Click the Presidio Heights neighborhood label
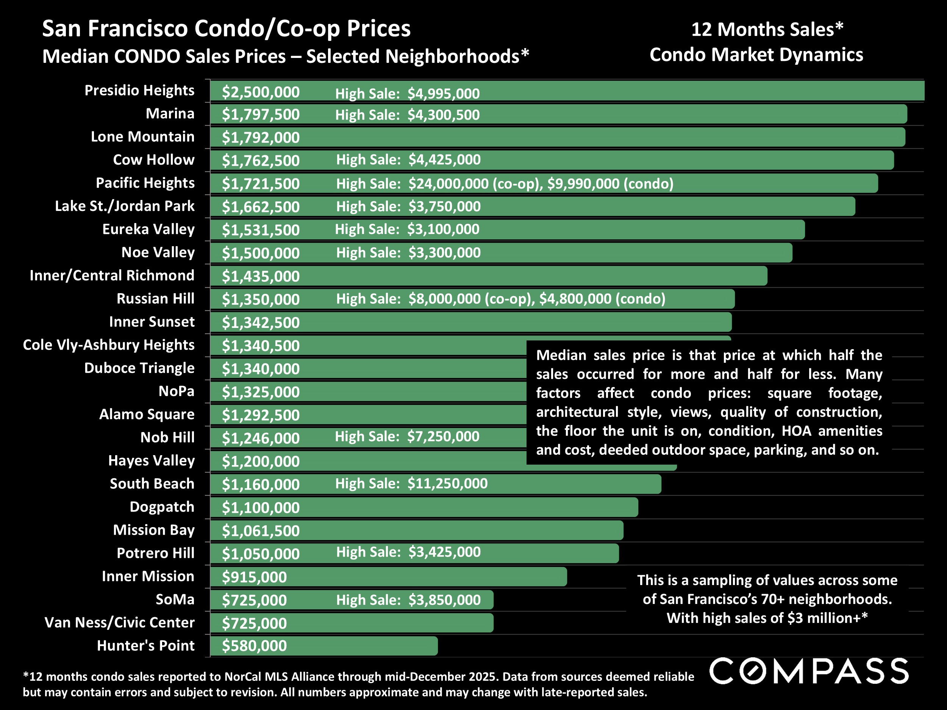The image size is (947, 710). pyautogui.click(x=139, y=90)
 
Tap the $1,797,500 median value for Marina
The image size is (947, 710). pyautogui.click(x=260, y=115)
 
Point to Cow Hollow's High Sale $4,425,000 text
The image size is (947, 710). pyautogui.click(x=408, y=160)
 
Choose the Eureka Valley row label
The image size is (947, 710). pyautogui.click(x=148, y=229)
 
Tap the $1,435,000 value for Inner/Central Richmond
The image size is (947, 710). pyautogui.click(x=260, y=276)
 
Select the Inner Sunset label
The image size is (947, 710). pyautogui.click(x=152, y=321)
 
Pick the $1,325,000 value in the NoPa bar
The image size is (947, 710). pyautogui.click(x=260, y=392)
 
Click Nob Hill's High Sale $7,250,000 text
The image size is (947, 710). pyautogui.click(x=407, y=437)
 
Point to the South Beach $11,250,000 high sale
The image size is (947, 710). pyautogui.click(x=447, y=484)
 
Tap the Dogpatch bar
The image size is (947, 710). pyautogui.click(x=471, y=507)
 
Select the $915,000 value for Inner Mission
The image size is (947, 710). pyautogui.click(x=254, y=577)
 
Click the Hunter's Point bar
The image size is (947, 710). pyautogui.click(x=364, y=646)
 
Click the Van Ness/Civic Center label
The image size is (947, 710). pyautogui.click(x=119, y=622)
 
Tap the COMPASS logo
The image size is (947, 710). pyautogui.click(x=809, y=671)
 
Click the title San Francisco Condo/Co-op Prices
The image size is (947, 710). pyautogui.click(x=226, y=29)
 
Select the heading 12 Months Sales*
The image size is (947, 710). pyautogui.click(x=767, y=29)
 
